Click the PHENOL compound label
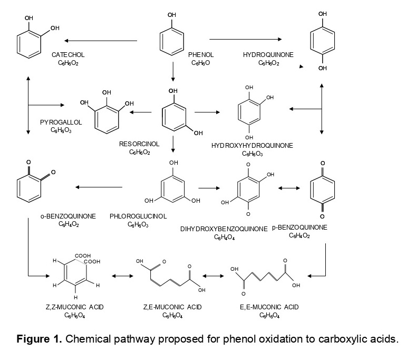click(201, 55)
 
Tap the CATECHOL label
click(68, 55)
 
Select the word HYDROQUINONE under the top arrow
click(268, 55)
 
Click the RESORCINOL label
click(140, 144)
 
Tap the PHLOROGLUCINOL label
click(138, 216)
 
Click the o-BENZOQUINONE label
click(68, 216)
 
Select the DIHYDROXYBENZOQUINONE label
click(224, 229)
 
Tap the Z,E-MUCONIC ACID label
click(172, 307)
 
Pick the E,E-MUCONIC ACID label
click(269, 307)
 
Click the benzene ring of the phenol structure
click(172, 41)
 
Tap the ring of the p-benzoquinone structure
click(322, 188)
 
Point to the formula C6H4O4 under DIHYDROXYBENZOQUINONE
click(224, 237)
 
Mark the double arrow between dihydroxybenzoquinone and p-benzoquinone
click(289, 188)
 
